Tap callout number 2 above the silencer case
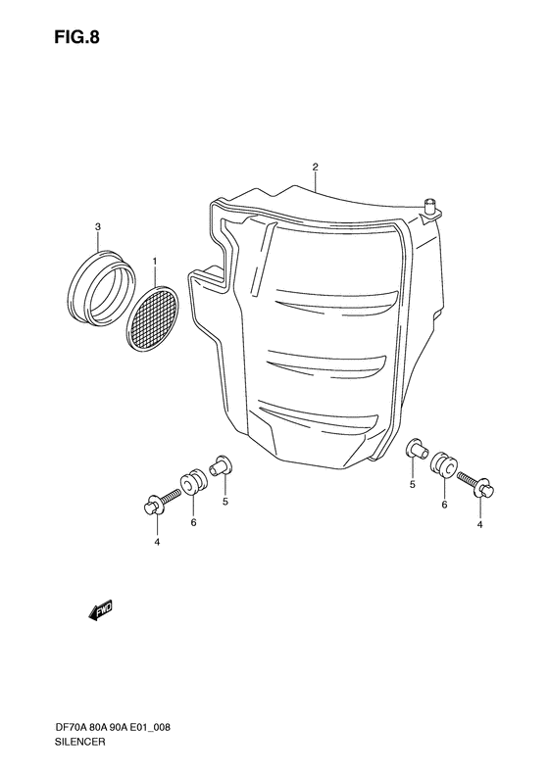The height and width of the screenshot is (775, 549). coord(315,167)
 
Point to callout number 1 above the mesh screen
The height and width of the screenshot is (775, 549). coord(155,261)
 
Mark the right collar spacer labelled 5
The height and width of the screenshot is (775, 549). coord(416,452)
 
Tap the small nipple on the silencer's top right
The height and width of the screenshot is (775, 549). coord(428,206)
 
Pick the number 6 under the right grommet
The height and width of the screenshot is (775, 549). coord(444,505)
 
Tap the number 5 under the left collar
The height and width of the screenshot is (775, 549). coord(225,502)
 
